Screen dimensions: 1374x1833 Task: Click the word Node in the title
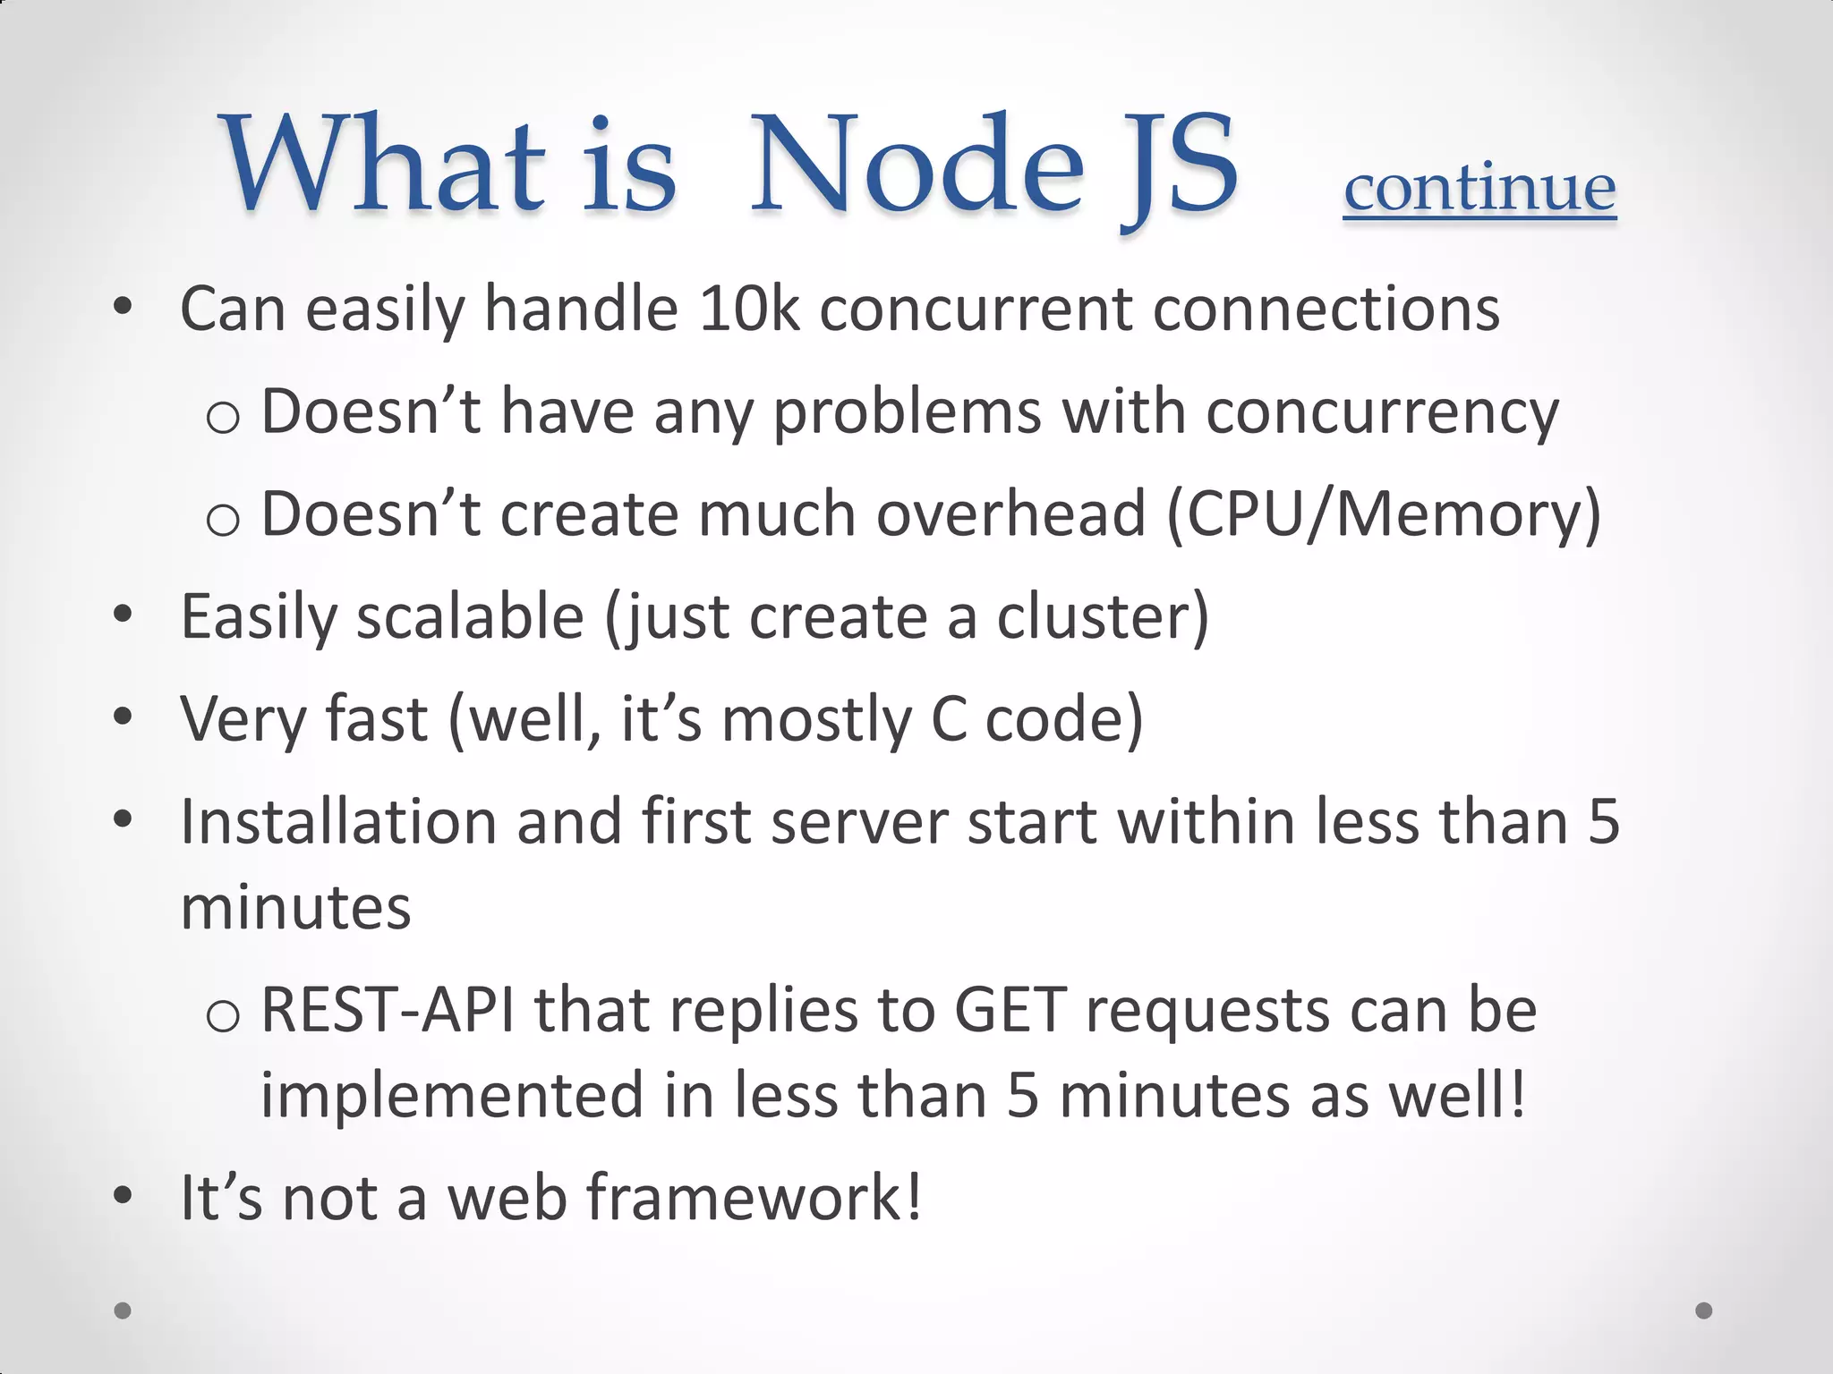(x=916, y=165)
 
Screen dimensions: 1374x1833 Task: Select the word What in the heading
(x=383, y=165)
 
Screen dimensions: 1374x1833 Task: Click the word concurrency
(x=1382, y=412)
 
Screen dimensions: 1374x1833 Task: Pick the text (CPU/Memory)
(x=1384, y=515)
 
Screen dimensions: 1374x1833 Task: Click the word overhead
(x=1010, y=515)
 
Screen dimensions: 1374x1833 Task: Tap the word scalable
(x=471, y=617)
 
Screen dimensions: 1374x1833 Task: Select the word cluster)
(x=1103, y=617)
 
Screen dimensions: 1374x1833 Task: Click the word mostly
(x=816, y=720)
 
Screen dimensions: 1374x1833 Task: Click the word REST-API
(x=388, y=1011)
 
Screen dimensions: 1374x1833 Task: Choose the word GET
(x=1010, y=1011)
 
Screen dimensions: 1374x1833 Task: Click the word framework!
(x=754, y=1199)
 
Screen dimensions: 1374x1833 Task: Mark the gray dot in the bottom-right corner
(x=1704, y=1310)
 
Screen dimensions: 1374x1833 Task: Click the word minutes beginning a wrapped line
(x=295, y=908)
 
